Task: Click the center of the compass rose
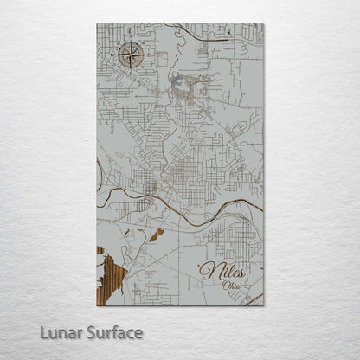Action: click(131, 56)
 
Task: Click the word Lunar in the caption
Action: click(58, 332)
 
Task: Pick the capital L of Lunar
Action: click(42, 332)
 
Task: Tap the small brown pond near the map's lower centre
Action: click(156, 235)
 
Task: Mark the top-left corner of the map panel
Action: click(97, 24)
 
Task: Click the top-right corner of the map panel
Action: click(264, 24)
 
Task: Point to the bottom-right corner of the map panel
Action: click(264, 305)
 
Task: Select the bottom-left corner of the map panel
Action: click(97, 305)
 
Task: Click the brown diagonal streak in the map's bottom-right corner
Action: click(255, 299)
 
